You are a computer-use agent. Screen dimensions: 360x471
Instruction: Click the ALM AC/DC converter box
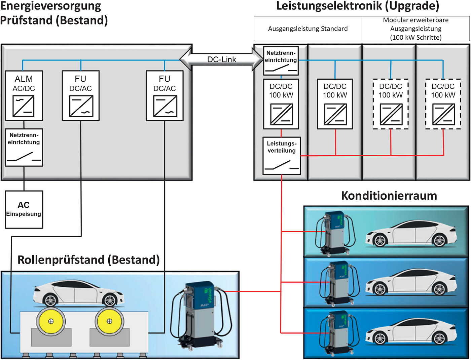click(24, 96)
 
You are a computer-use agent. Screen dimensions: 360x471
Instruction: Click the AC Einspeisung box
click(24, 209)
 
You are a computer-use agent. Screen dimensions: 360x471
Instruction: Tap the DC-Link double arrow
click(221, 59)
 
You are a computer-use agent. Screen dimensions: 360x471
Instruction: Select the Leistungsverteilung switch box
click(282, 155)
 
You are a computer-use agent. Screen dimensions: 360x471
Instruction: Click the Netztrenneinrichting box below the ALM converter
click(24, 147)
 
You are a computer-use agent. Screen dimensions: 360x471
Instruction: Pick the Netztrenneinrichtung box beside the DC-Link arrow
click(281, 61)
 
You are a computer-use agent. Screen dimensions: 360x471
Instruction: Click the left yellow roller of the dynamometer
click(50, 321)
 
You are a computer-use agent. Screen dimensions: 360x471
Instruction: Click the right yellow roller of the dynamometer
click(109, 321)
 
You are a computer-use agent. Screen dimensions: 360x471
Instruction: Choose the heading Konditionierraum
click(389, 196)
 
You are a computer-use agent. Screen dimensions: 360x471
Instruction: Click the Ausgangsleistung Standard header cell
click(308, 29)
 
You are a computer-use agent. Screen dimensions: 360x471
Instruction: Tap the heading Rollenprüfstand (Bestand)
click(88, 260)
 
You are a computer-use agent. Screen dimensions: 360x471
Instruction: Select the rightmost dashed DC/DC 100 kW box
click(443, 104)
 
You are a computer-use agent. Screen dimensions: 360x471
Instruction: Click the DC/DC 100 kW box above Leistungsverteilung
click(281, 104)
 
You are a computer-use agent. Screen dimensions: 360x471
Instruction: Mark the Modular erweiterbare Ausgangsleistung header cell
click(416, 29)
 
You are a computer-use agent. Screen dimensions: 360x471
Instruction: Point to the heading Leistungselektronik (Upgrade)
click(358, 6)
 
